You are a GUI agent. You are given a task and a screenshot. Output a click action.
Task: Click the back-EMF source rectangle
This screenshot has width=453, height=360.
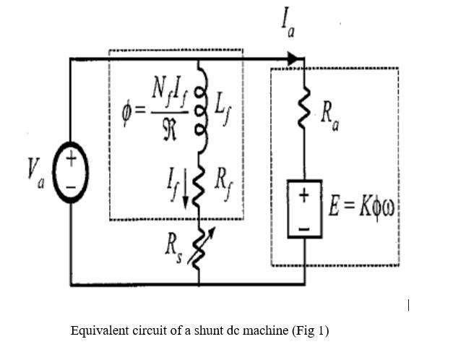[x=304, y=211]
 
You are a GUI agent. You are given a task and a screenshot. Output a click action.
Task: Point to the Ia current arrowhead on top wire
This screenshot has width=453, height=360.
[x=292, y=59]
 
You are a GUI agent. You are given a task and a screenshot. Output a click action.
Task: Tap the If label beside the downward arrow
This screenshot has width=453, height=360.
[x=171, y=177]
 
